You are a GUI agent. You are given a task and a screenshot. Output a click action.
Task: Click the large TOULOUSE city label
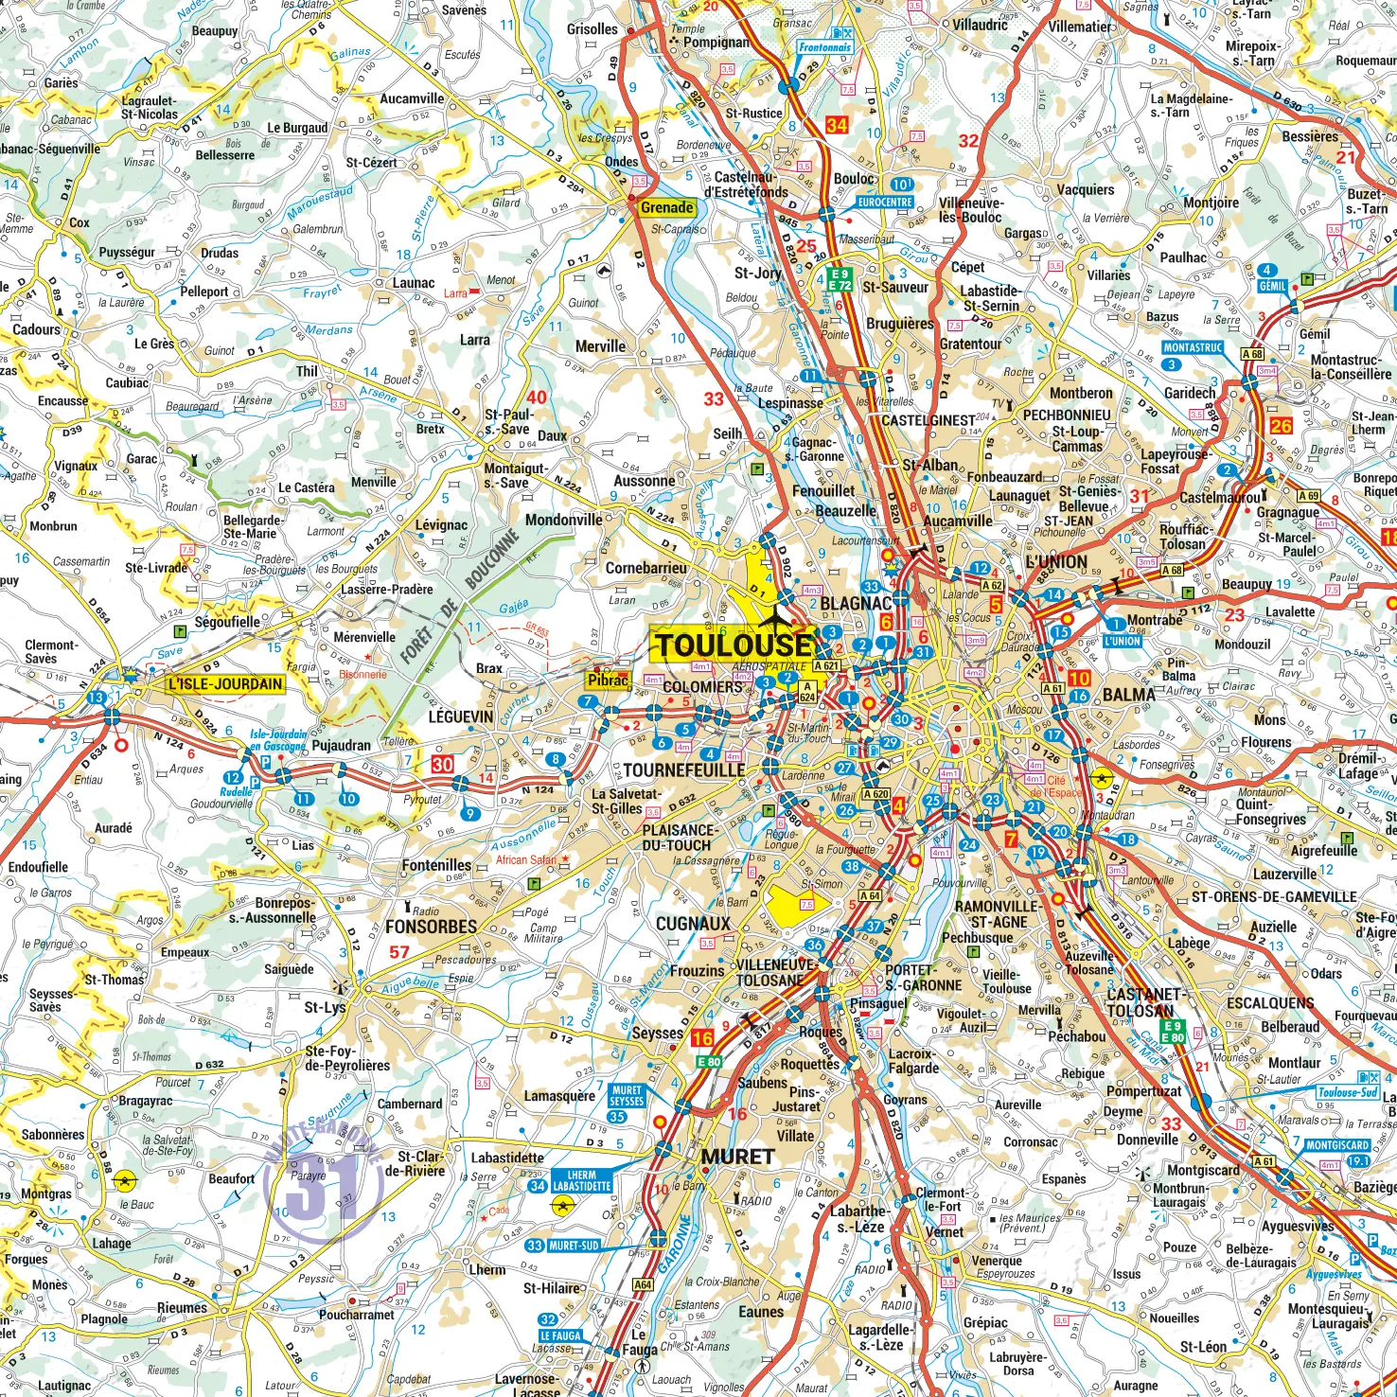[734, 645]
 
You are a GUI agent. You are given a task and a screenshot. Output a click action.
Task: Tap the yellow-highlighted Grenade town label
[666, 207]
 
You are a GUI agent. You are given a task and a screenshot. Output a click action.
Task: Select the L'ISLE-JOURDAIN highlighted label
[225, 684]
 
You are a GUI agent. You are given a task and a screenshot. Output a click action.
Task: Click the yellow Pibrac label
[608, 680]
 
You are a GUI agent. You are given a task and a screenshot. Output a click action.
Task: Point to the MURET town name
[737, 1157]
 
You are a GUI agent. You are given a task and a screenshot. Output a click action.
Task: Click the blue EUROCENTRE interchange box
[885, 202]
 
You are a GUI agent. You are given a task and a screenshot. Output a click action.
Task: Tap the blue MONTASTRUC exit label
[1193, 347]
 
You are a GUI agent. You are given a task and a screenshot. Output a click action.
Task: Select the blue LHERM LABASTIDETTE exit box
[581, 1180]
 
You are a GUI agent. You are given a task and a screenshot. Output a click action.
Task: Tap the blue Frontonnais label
[824, 47]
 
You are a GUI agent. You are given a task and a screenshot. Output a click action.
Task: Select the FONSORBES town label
[431, 927]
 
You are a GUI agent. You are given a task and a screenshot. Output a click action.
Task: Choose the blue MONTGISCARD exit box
[1337, 1145]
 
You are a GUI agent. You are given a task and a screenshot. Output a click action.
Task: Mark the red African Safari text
[526, 859]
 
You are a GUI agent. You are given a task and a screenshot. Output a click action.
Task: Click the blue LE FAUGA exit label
[561, 1335]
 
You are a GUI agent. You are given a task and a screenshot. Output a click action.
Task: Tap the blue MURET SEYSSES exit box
[626, 1095]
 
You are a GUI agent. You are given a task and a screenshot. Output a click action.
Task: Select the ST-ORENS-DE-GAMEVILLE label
[1274, 896]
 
